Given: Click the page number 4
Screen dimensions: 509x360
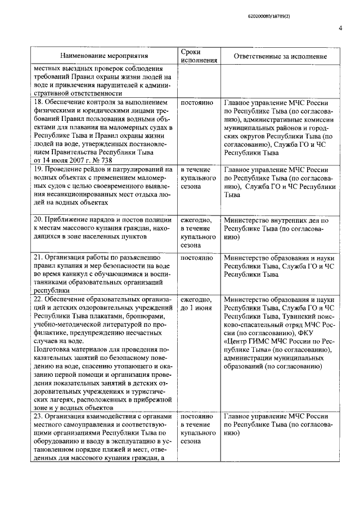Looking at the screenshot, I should pos(340,29).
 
